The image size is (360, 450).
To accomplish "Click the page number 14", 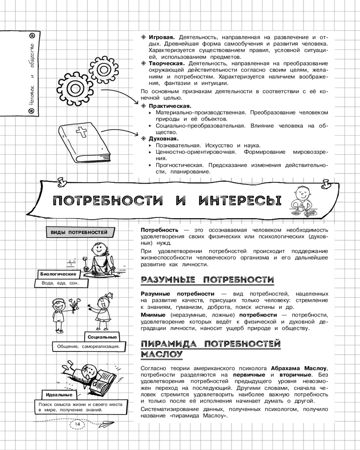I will pyautogui.click(x=77, y=424).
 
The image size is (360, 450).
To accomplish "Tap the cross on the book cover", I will pyautogui.click(x=82, y=134).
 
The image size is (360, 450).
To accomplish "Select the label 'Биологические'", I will pyautogui.click(x=57, y=274).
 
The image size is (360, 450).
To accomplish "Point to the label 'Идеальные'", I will pyautogui.click(x=59, y=395).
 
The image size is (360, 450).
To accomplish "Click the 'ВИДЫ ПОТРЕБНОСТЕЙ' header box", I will pyautogui.click(x=79, y=232).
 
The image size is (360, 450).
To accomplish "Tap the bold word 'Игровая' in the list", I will pyautogui.click(x=162, y=36).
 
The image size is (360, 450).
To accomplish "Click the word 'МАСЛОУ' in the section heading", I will pyautogui.click(x=162, y=354).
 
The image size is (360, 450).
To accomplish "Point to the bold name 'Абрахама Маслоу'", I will pyautogui.click(x=299, y=368).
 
